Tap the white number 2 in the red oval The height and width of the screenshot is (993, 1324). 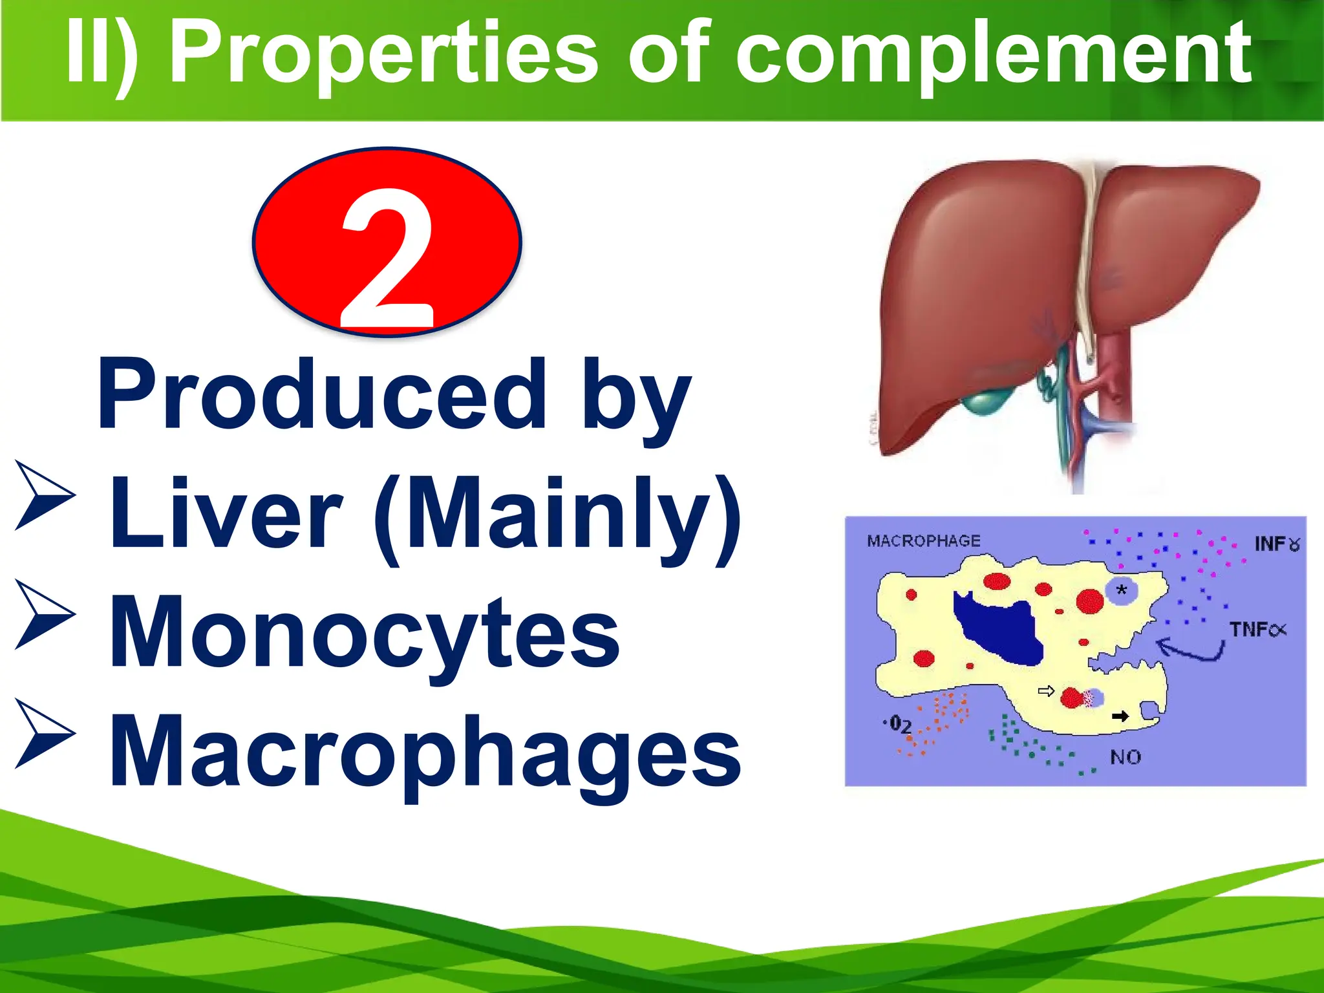[x=387, y=259]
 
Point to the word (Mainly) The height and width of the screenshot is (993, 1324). [x=557, y=517]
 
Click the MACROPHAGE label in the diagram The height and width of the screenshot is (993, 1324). [x=923, y=541]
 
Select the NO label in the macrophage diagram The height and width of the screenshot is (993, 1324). [x=1126, y=757]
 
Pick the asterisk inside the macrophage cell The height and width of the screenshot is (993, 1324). [x=1122, y=590]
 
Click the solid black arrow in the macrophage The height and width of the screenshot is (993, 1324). [x=1120, y=716]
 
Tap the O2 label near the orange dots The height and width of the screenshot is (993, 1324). [x=899, y=724]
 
